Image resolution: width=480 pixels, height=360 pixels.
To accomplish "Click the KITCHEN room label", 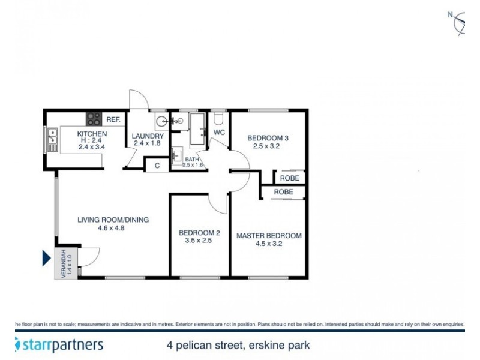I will [92, 133].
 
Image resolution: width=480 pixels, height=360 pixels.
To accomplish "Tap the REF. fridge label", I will [113, 119].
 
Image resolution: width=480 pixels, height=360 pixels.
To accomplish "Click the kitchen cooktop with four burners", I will [94, 119].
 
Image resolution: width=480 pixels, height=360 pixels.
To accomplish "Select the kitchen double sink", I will [52, 139].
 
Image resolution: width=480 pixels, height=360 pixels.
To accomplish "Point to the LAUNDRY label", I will [148, 136].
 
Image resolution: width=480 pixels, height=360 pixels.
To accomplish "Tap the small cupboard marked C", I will [157, 164].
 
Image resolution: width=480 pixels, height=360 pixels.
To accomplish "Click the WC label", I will [219, 132].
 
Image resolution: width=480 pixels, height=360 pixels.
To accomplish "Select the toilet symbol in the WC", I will [218, 117].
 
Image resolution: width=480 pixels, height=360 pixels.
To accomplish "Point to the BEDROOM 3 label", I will [268, 138].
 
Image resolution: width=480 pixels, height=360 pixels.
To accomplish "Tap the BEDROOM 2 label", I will [200, 233].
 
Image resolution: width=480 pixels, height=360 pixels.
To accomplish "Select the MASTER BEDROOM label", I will [268, 236].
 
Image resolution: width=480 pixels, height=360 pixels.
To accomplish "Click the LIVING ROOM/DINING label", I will [113, 220].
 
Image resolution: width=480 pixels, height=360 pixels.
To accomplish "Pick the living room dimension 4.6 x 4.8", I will [113, 228].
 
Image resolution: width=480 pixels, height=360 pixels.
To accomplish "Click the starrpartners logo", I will [59, 345].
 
